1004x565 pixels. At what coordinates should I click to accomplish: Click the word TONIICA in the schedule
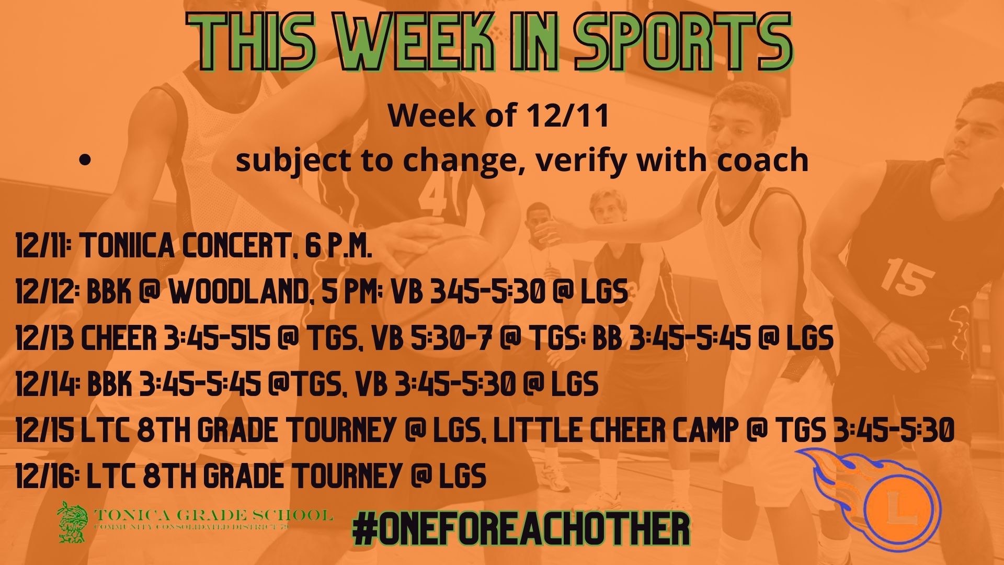coord(125,247)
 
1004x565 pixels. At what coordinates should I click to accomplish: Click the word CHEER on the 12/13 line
coord(118,338)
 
